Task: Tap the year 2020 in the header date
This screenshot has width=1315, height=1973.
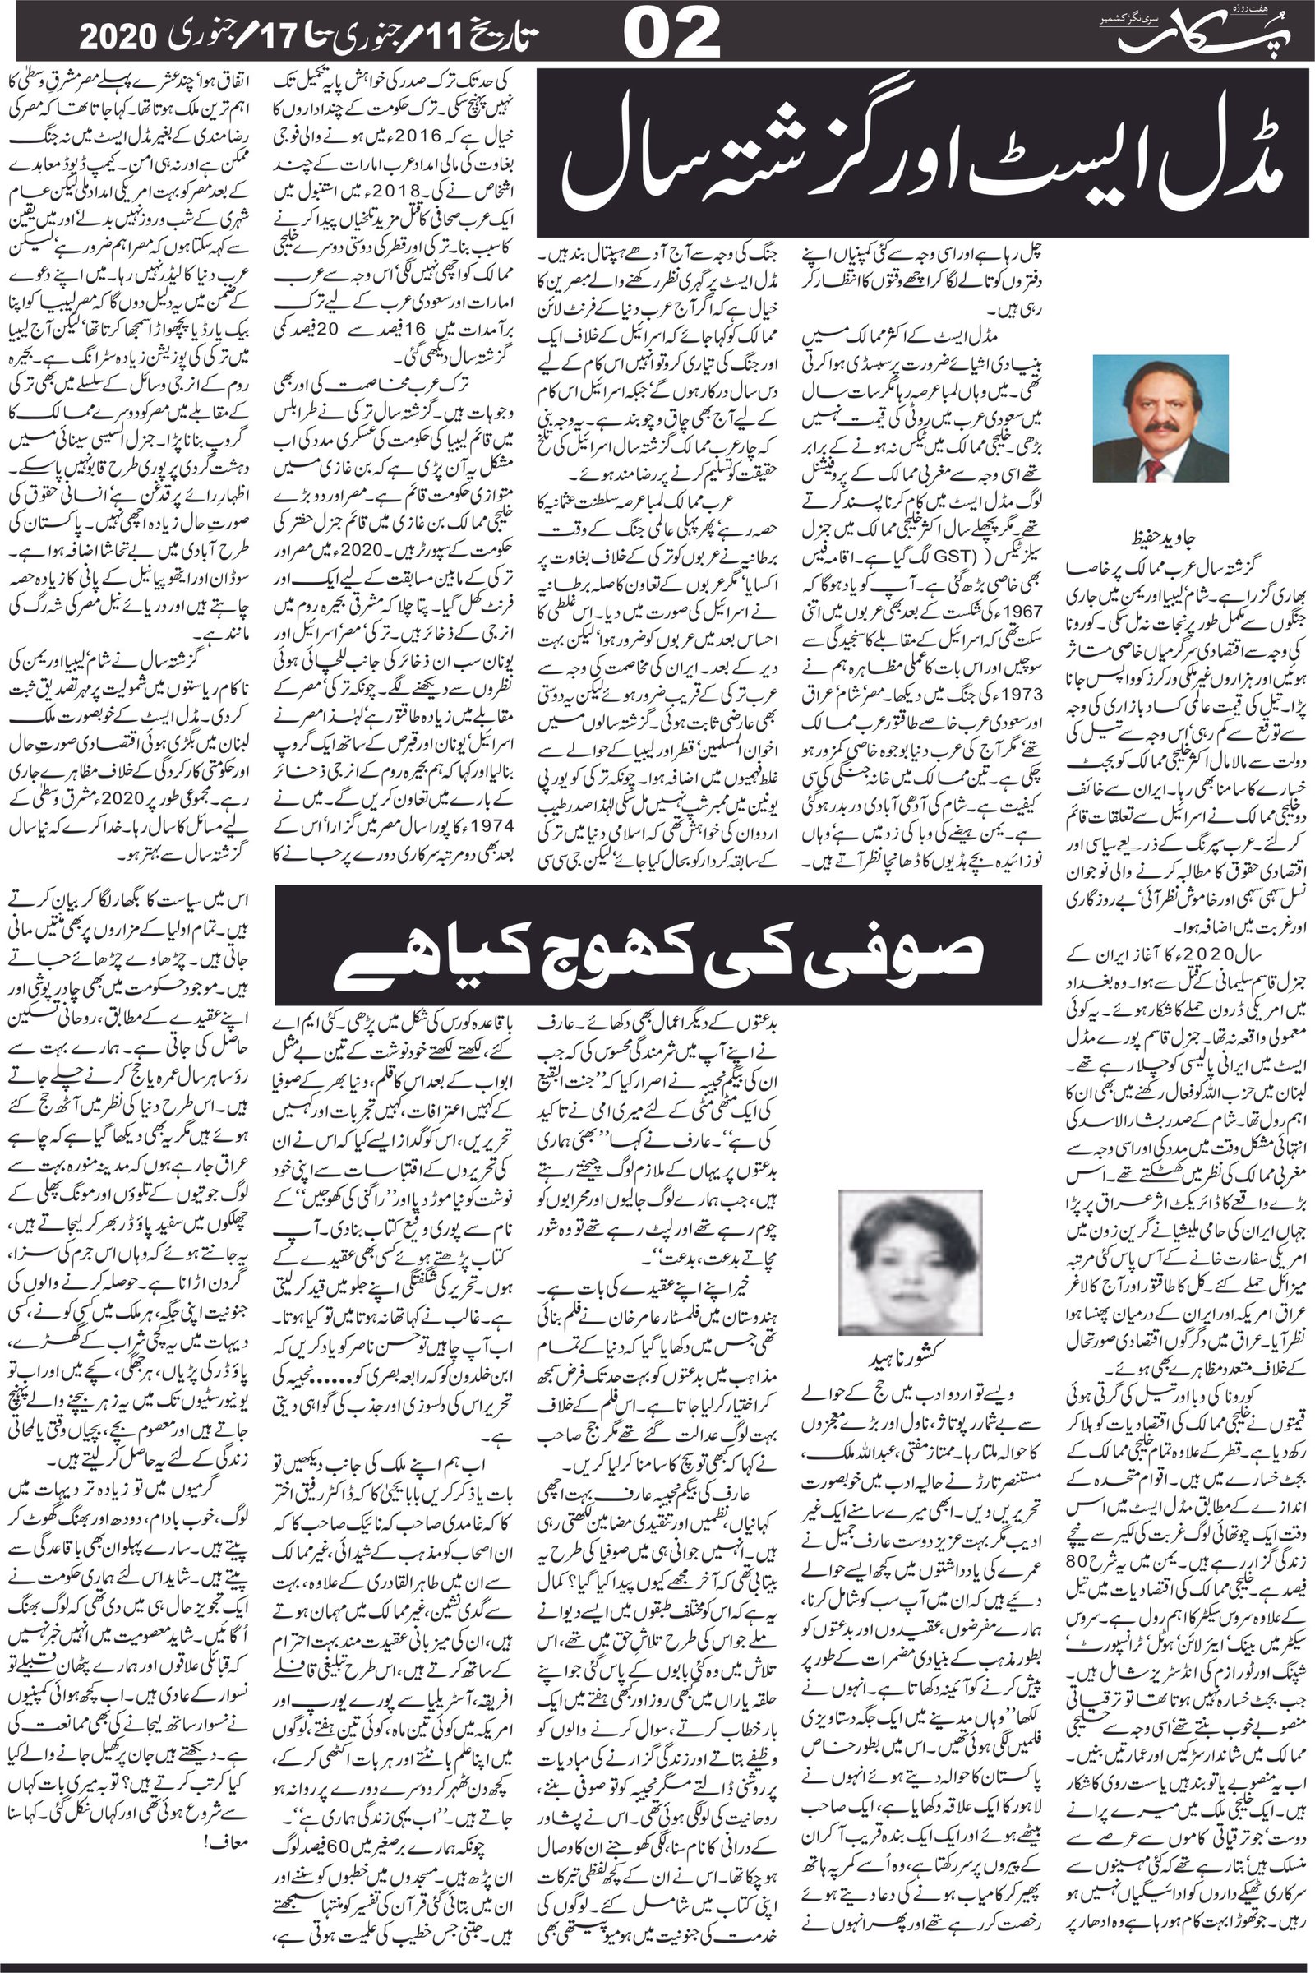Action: pyautogui.click(x=118, y=36)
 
